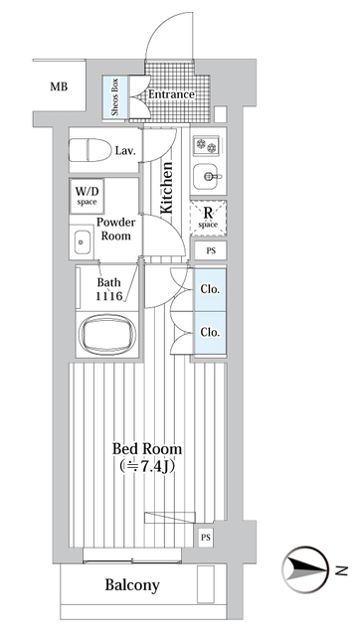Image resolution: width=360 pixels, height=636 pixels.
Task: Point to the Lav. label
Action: [125, 151]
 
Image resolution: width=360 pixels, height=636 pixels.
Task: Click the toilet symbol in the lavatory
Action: [90, 151]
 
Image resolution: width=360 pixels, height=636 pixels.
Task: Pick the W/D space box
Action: [85, 194]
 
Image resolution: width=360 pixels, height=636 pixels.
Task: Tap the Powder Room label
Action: [115, 230]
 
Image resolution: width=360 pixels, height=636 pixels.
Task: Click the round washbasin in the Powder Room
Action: [81, 238]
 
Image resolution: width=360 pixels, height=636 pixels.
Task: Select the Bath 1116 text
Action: [109, 289]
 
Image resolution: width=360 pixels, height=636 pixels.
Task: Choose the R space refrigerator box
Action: [209, 217]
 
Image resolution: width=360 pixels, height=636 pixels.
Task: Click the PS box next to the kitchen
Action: [210, 251]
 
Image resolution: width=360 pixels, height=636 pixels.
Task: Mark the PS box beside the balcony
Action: [206, 538]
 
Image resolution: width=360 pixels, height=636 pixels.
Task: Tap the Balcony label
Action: [132, 585]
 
